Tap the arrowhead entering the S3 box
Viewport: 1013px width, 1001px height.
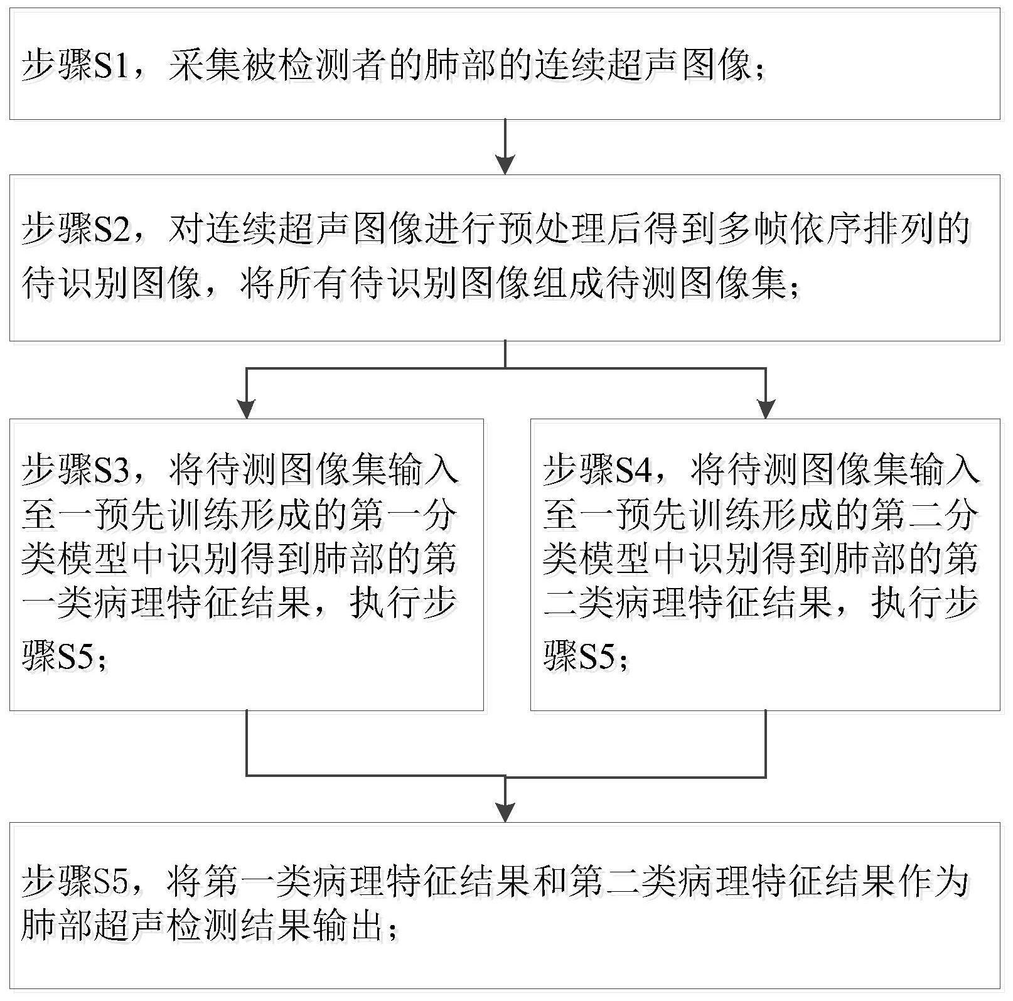(247, 409)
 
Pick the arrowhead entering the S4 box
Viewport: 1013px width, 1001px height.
(766, 409)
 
